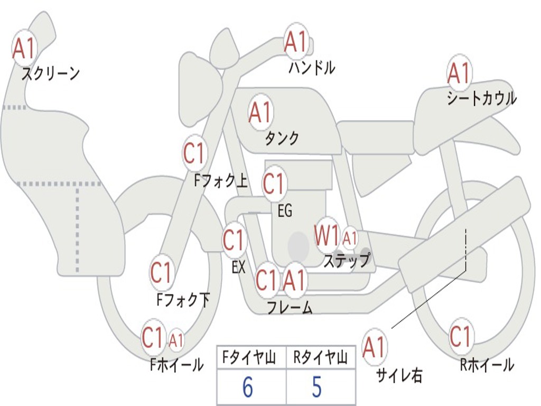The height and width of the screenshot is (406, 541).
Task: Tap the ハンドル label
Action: (312, 68)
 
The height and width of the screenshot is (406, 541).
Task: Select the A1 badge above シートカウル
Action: (459, 73)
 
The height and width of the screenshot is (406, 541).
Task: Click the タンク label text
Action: (282, 138)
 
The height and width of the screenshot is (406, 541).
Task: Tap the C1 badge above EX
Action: (234, 241)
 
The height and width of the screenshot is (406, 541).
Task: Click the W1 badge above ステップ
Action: (327, 236)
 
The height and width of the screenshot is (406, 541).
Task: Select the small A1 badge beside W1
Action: (350, 238)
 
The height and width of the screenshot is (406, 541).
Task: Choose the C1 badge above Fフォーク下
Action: (161, 273)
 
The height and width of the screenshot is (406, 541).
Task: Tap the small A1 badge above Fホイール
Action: (176, 340)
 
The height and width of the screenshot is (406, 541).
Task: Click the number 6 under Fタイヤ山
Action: (247, 387)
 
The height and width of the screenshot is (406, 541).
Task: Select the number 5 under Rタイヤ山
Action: (316, 387)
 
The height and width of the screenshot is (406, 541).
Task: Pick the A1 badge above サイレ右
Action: (374, 347)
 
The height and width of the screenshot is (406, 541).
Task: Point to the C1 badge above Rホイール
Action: (460, 336)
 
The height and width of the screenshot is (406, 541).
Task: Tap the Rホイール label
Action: (487, 365)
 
